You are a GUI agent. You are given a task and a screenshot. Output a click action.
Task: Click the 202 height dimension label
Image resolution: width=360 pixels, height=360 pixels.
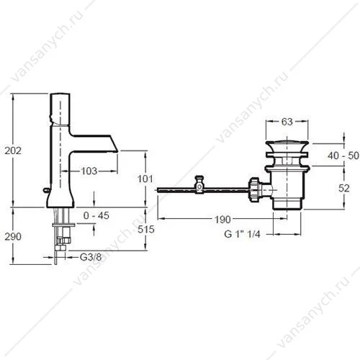[13, 150]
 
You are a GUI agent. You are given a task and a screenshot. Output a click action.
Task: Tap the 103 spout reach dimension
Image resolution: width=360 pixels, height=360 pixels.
[89, 171]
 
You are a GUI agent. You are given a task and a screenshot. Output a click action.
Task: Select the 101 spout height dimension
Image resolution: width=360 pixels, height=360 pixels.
[145, 179]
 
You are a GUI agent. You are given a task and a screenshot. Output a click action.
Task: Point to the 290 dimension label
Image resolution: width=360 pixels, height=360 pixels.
[13, 237]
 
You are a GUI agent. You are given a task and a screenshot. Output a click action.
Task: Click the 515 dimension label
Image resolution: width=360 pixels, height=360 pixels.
[146, 229]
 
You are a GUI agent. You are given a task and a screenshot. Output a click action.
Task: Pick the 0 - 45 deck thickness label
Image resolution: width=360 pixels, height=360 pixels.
[96, 215]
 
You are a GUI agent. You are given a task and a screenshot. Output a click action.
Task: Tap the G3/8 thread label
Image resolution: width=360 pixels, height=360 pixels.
[91, 257]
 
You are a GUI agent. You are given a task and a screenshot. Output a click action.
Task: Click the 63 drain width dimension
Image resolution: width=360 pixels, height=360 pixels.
[287, 122]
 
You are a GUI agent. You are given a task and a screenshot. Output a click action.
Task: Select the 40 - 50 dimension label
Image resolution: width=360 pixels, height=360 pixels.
[343, 156]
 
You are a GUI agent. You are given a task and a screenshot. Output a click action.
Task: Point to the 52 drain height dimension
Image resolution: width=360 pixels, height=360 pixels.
[344, 188]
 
